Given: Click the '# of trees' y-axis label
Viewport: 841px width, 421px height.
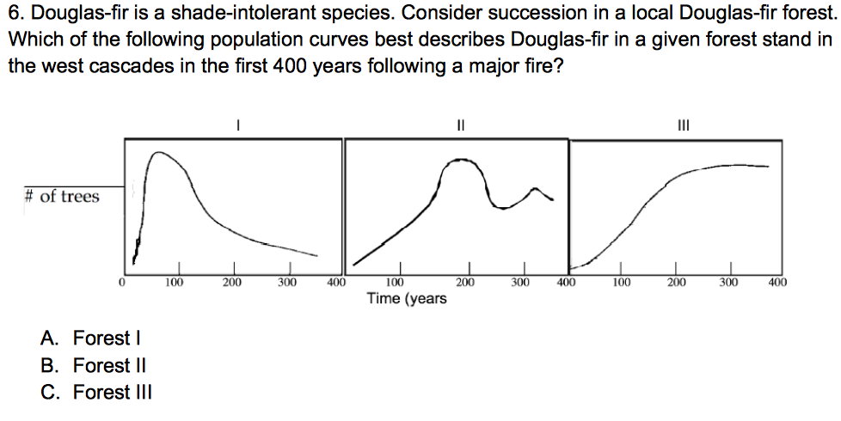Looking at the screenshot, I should [61, 196].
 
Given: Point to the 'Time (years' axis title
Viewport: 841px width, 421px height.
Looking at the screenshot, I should [407, 298].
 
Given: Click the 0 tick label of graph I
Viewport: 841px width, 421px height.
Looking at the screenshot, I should [122, 281].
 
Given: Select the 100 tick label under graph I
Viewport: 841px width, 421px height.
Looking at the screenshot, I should [175, 281].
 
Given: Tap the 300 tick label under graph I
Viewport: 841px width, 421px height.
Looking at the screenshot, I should [287, 281].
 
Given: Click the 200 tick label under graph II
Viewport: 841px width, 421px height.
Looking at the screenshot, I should [464, 281].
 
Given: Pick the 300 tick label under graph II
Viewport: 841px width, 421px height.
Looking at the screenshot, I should [520, 281].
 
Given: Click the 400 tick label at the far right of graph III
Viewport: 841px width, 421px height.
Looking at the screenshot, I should [777, 281].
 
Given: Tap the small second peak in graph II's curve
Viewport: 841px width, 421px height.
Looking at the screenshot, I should [537, 188].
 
